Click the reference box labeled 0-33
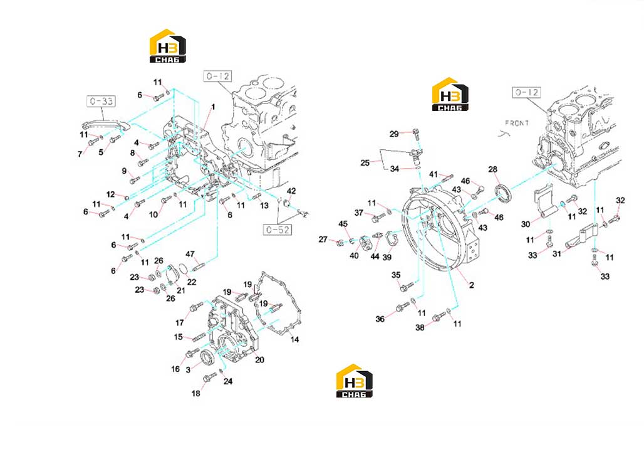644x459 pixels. click(x=101, y=101)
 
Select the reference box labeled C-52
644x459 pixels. click(x=278, y=229)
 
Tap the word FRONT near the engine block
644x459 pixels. click(x=517, y=123)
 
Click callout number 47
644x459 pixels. click(x=190, y=254)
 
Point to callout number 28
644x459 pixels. click(x=493, y=169)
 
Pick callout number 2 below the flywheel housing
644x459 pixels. click(x=472, y=285)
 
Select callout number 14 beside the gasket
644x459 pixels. click(x=294, y=339)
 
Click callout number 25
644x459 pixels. click(x=365, y=163)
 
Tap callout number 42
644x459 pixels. click(x=291, y=191)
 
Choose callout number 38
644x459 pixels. click(x=420, y=327)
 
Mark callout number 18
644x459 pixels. click(x=196, y=393)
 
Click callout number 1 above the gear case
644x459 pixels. click(x=213, y=107)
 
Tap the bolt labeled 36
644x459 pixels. click(x=402, y=307)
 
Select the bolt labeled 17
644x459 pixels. click(x=196, y=307)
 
